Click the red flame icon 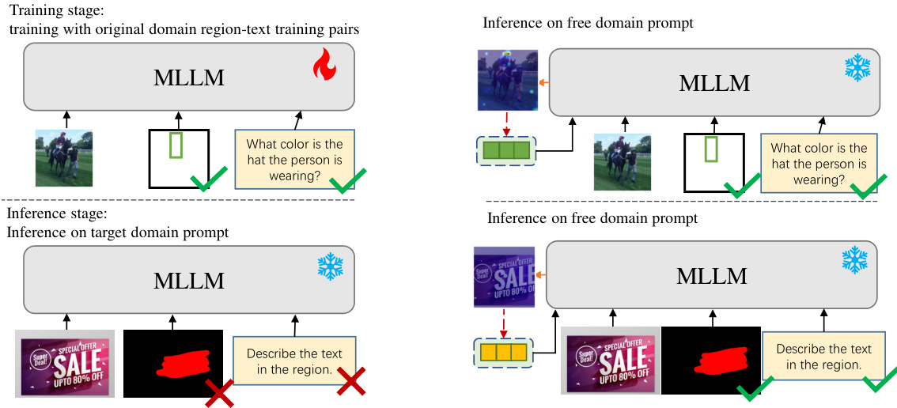pos(324,66)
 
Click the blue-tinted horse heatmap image pos(507,80)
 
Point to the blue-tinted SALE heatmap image pos(504,277)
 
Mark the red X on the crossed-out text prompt pos(351,382)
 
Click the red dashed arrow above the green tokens pos(506,123)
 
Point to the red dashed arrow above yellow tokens pos(504,323)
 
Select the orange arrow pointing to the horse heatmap pos(543,81)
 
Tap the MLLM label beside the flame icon pos(189,77)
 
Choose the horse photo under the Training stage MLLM pos(63,158)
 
